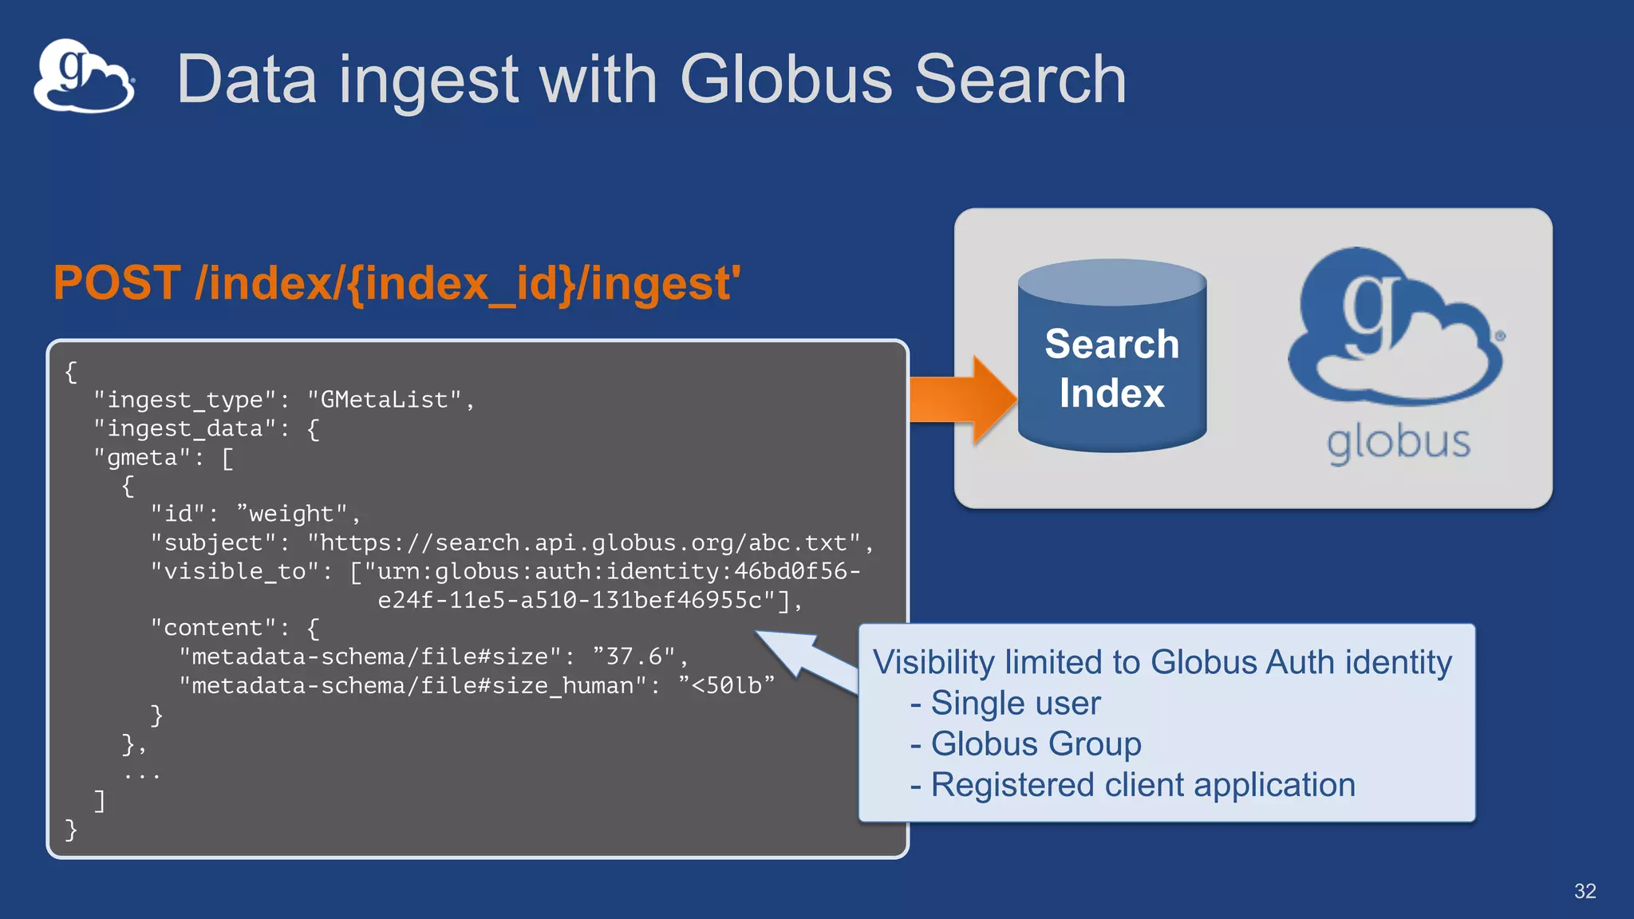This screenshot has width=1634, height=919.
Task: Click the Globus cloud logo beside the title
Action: pyautogui.click(x=84, y=77)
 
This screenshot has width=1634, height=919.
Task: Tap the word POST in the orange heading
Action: pyautogui.click(x=117, y=283)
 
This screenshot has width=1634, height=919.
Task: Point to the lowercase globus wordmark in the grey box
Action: pyautogui.click(x=1398, y=443)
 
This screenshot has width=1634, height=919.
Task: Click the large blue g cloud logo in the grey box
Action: pyautogui.click(x=1395, y=327)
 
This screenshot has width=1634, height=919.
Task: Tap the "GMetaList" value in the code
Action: pyautogui.click(x=384, y=400)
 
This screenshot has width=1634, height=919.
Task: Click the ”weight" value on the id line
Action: pyautogui.click(x=292, y=514)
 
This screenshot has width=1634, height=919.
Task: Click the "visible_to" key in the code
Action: pyautogui.click(x=235, y=571)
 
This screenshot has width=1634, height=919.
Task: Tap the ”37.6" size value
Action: pyautogui.click(x=634, y=657)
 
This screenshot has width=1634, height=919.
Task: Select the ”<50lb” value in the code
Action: pyautogui.click(x=725, y=685)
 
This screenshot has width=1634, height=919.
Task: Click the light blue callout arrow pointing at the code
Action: pyautogui.click(x=806, y=659)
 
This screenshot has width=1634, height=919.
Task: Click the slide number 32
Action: pyautogui.click(x=1585, y=891)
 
